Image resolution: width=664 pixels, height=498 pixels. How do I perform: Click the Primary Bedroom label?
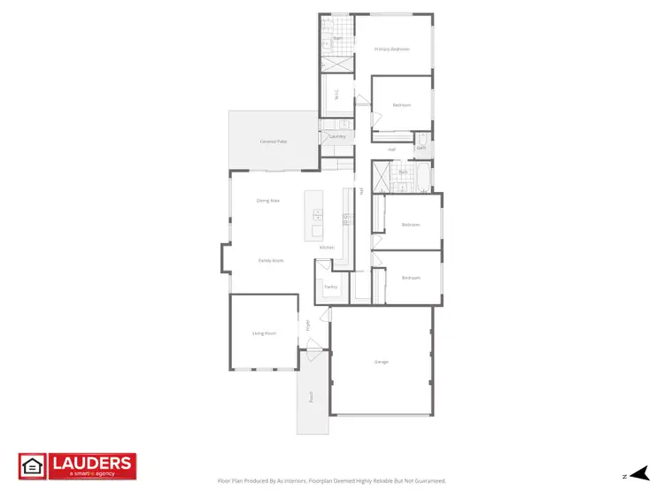click(391, 49)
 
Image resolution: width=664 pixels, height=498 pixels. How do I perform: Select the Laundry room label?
click(336, 137)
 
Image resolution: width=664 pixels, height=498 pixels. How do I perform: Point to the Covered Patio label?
click(273, 142)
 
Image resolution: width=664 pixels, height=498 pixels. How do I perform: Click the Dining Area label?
click(268, 201)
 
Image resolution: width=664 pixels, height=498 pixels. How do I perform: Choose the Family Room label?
click(271, 260)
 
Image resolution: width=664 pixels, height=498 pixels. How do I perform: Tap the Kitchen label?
click(327, 247)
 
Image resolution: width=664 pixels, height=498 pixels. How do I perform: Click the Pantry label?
click(330, 287)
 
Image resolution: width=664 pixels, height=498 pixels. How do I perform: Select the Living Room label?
click(264, 333)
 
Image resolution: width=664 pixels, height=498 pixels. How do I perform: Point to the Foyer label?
click(308, 325)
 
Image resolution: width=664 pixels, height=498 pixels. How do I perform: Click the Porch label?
click(312, 397)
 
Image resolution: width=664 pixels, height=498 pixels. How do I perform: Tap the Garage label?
click(382, 362)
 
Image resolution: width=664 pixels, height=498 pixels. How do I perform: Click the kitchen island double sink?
click(317, 214)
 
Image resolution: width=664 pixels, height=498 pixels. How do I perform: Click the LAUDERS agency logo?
click(77, 466)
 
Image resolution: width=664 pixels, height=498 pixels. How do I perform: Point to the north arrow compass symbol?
click(640, 475)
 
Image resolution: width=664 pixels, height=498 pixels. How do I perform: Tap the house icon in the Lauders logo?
click(32, 465)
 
